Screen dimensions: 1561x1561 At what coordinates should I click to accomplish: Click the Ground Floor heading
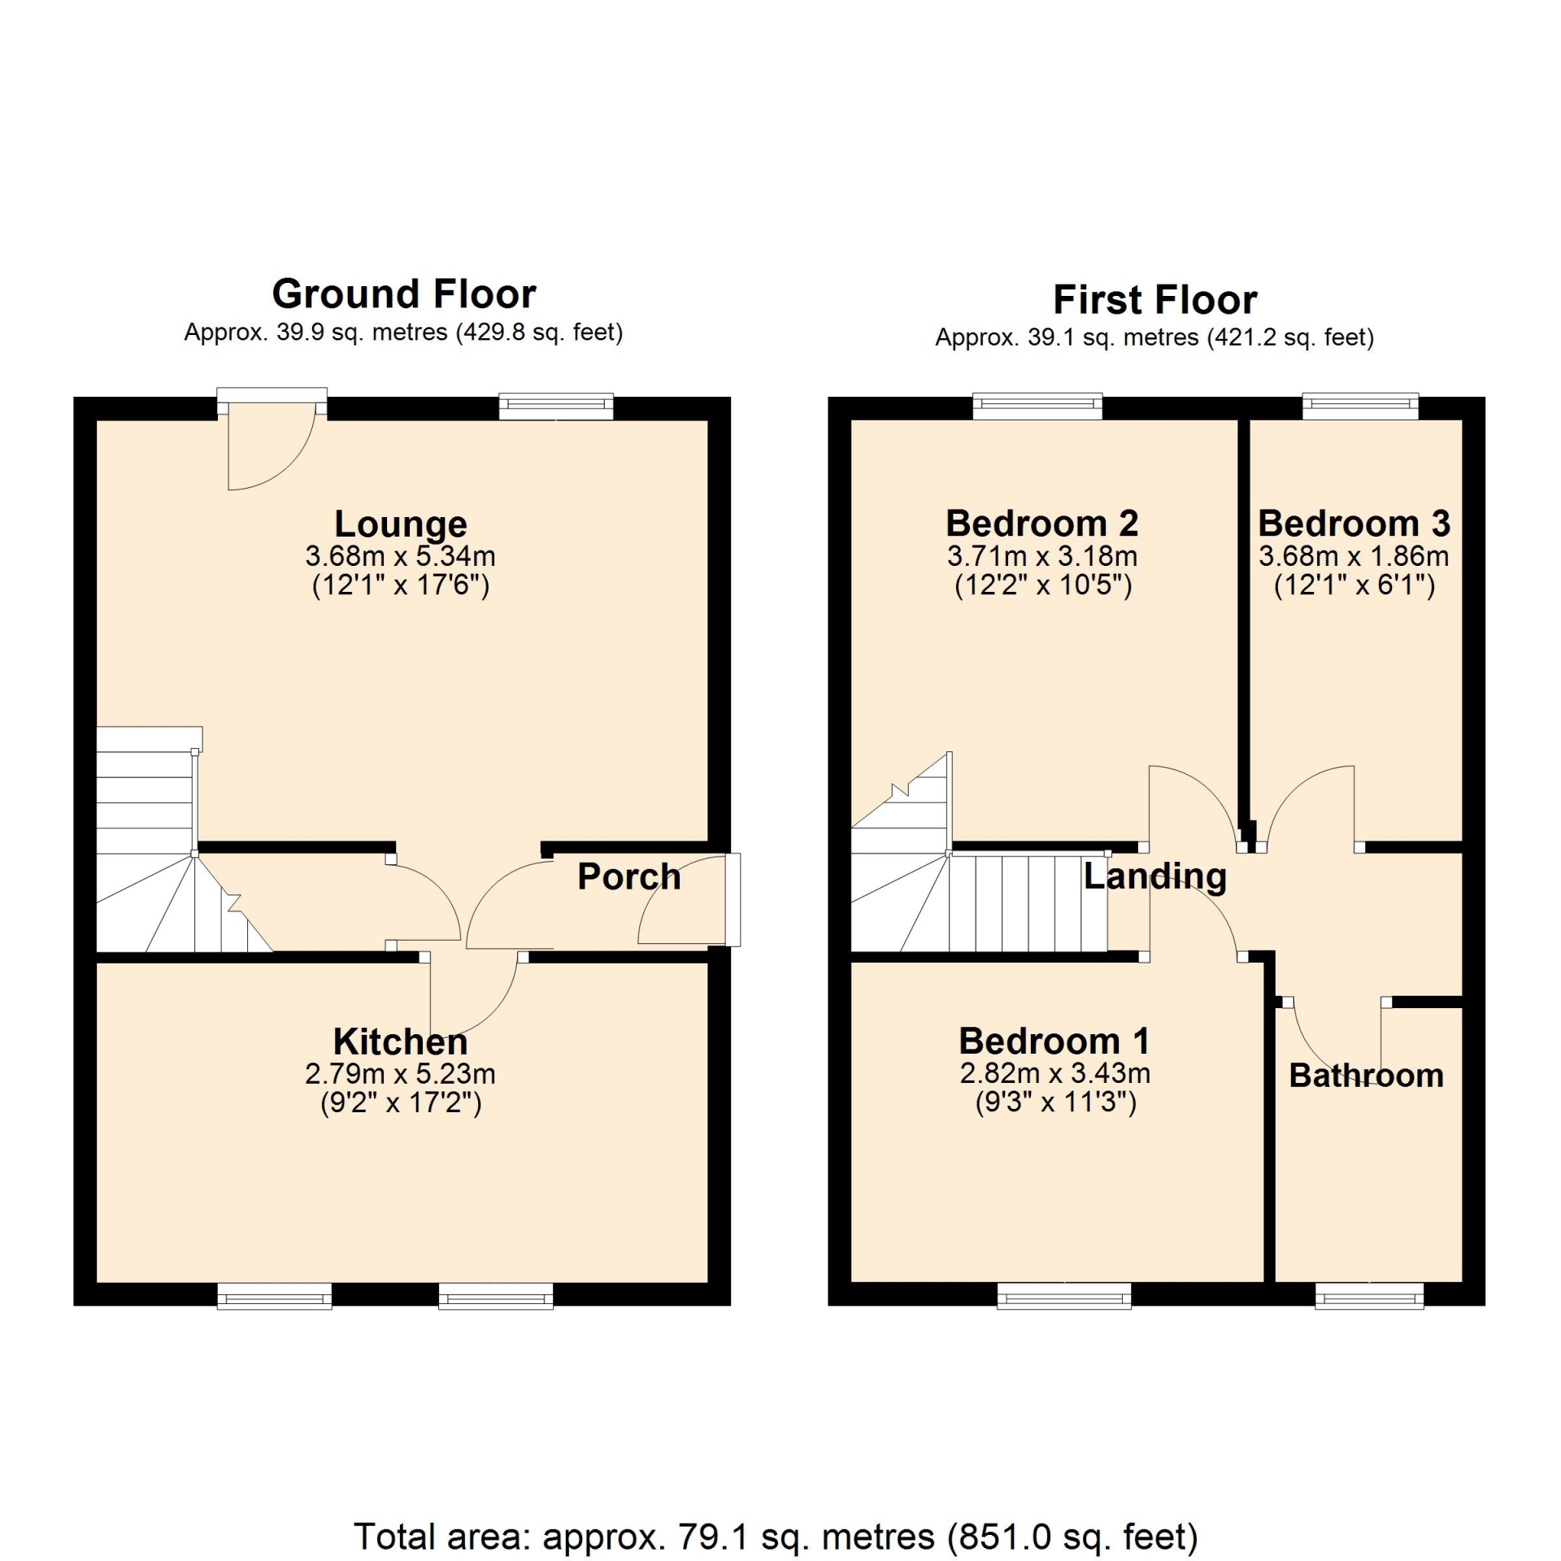(x=404, y=294)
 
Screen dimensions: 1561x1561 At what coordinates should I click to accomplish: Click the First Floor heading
(x=1154, y=299)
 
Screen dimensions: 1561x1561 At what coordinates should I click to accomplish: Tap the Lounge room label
(x=401, y=524)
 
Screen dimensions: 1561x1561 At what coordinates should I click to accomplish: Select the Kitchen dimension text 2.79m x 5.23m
(x=400, y=1074)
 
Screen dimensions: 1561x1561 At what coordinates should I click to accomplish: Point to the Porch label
(x=628, y=876)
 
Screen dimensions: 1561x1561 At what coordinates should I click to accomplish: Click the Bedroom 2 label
(x=1042, y=523)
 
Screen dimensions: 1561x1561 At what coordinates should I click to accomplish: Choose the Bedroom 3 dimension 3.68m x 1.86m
(x=1354, y=556)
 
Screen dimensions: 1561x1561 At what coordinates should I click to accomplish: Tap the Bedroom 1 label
(x=1054, y=1041)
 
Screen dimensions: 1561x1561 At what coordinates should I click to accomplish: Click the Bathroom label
(x=1366, y=1076)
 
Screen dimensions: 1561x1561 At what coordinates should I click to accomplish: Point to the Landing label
(x=1154, y=876)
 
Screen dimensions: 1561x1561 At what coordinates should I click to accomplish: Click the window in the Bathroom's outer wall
(x=1369, y=1295)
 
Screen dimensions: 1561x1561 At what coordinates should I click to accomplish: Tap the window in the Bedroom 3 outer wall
(x=1360, y=406)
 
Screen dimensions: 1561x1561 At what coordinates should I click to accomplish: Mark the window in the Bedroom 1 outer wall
(x=1063, y=1295)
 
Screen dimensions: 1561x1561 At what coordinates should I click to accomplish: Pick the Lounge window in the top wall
(x=556, y=406)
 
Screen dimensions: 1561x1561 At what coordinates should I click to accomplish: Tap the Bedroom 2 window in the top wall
(x=1037, y=406)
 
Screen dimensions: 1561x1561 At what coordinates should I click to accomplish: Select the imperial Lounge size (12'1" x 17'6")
(x=401, y=585)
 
